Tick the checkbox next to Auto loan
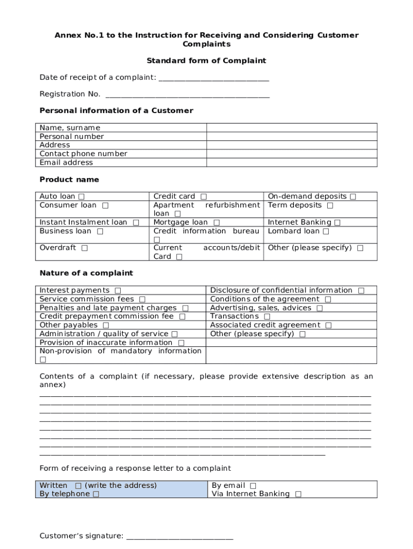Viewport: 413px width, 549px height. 81,197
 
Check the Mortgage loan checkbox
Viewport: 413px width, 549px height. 216,222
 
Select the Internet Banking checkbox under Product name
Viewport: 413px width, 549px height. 337,222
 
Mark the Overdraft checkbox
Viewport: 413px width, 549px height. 85,248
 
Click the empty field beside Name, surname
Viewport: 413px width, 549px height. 292,128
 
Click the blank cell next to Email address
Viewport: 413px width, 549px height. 292,162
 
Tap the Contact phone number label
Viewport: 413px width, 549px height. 84,154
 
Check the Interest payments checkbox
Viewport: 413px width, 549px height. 117,291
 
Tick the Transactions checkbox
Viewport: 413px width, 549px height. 267,317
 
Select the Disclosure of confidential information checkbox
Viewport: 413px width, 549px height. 361,291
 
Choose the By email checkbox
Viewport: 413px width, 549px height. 253,486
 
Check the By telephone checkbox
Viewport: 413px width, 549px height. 96,494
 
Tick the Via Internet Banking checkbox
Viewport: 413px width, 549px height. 298,494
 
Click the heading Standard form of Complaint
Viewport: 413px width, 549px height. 206,61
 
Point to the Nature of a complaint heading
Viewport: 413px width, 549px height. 86,273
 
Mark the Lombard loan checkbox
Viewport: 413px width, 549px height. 326,232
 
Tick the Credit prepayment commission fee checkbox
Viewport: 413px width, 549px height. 182,317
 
